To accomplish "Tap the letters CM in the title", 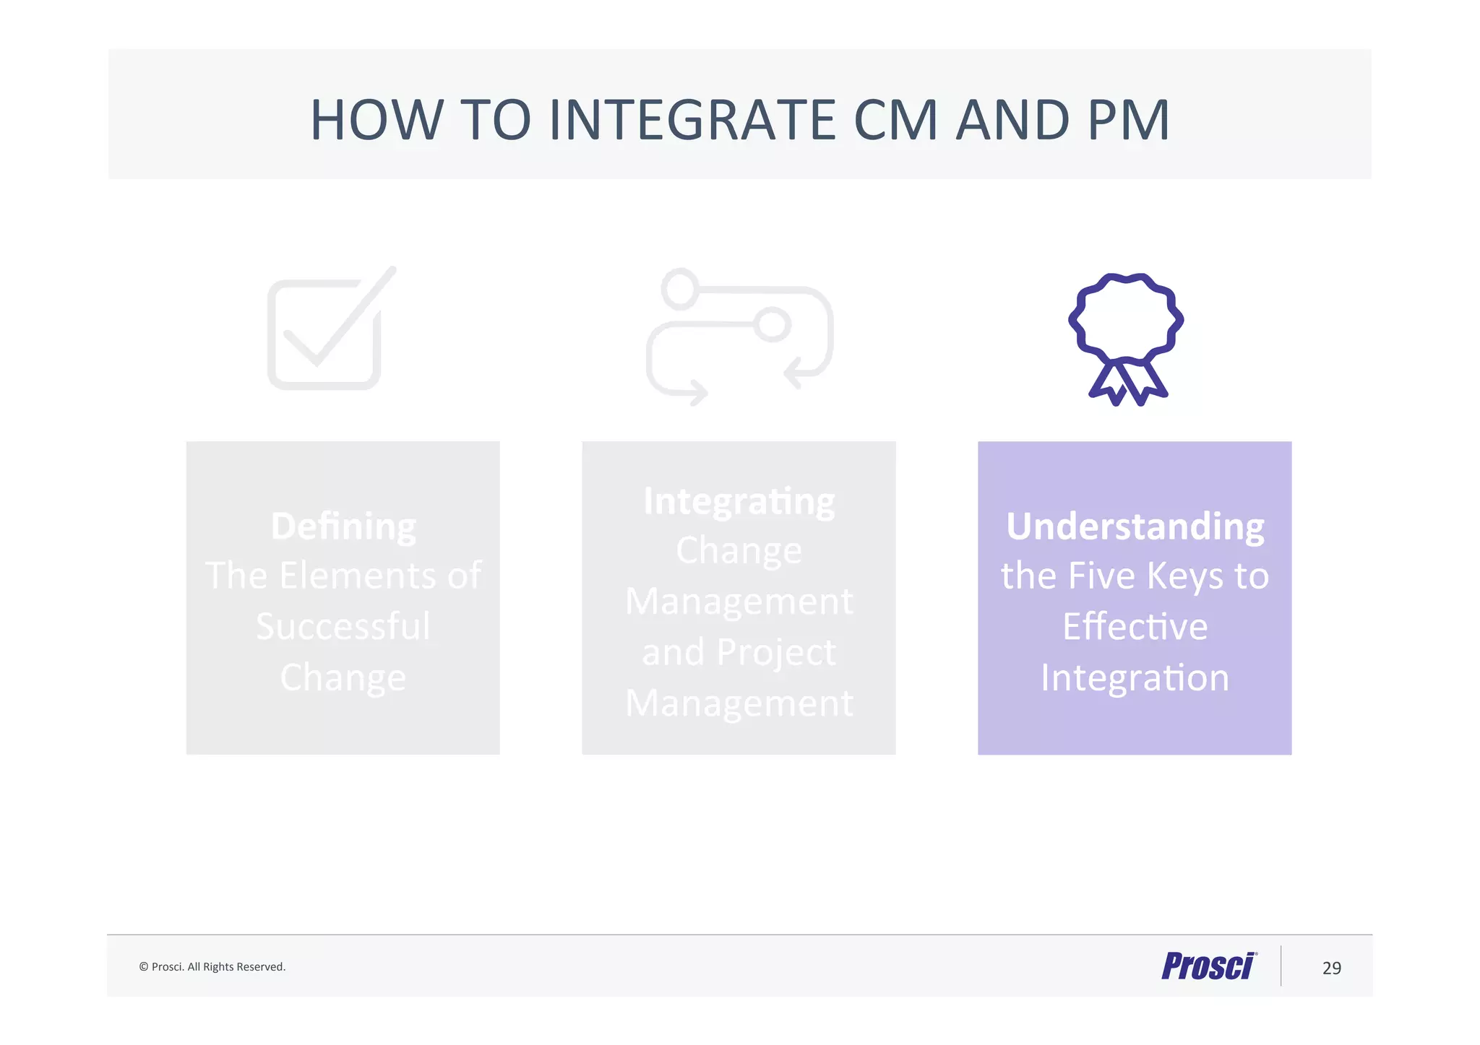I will [x=895, y=120].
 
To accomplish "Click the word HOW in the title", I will [x=376, y=120].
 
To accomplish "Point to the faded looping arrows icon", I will [x=739, y=337].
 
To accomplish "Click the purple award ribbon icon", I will [x=1126, y=318].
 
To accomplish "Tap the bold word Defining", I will [x=343, y=526].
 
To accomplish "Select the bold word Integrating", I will [x=739, y=500].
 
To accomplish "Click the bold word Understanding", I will [x=1135, y=526].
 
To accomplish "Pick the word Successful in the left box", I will [x=343, y=626].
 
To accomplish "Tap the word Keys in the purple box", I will [x=1184, y=576].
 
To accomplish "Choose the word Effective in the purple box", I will [x=1135, y=626].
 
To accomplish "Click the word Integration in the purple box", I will [x=1135, y=677].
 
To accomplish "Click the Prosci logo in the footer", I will [x=1209, y=966].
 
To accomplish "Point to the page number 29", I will [x=1331, y=968].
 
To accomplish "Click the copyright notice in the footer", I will [x=212, y=967].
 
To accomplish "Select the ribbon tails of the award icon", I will [x=1127, y=383].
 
